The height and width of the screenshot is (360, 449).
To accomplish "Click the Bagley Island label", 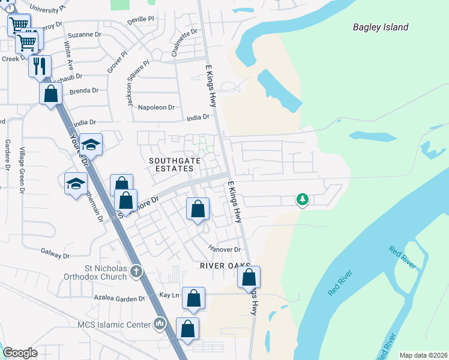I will (x=381, y=27).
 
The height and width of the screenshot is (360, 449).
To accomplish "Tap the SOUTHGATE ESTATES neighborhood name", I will (x=172, y=165).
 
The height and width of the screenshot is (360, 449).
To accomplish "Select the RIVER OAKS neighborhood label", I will (x=223, y=266).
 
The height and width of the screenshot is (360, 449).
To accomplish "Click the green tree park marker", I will (x=303, y=199).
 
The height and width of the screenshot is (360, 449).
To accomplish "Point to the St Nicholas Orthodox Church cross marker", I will (x=136, y=272).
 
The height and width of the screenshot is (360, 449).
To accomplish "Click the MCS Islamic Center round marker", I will (x=159, y=325).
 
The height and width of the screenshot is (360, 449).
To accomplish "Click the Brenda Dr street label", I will (x=83, y=91).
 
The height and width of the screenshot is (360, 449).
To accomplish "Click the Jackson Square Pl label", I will (x=137, y=83).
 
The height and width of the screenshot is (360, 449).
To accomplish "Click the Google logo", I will (x=20, y=353).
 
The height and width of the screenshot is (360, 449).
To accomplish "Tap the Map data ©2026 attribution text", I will (x=423, y=355).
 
